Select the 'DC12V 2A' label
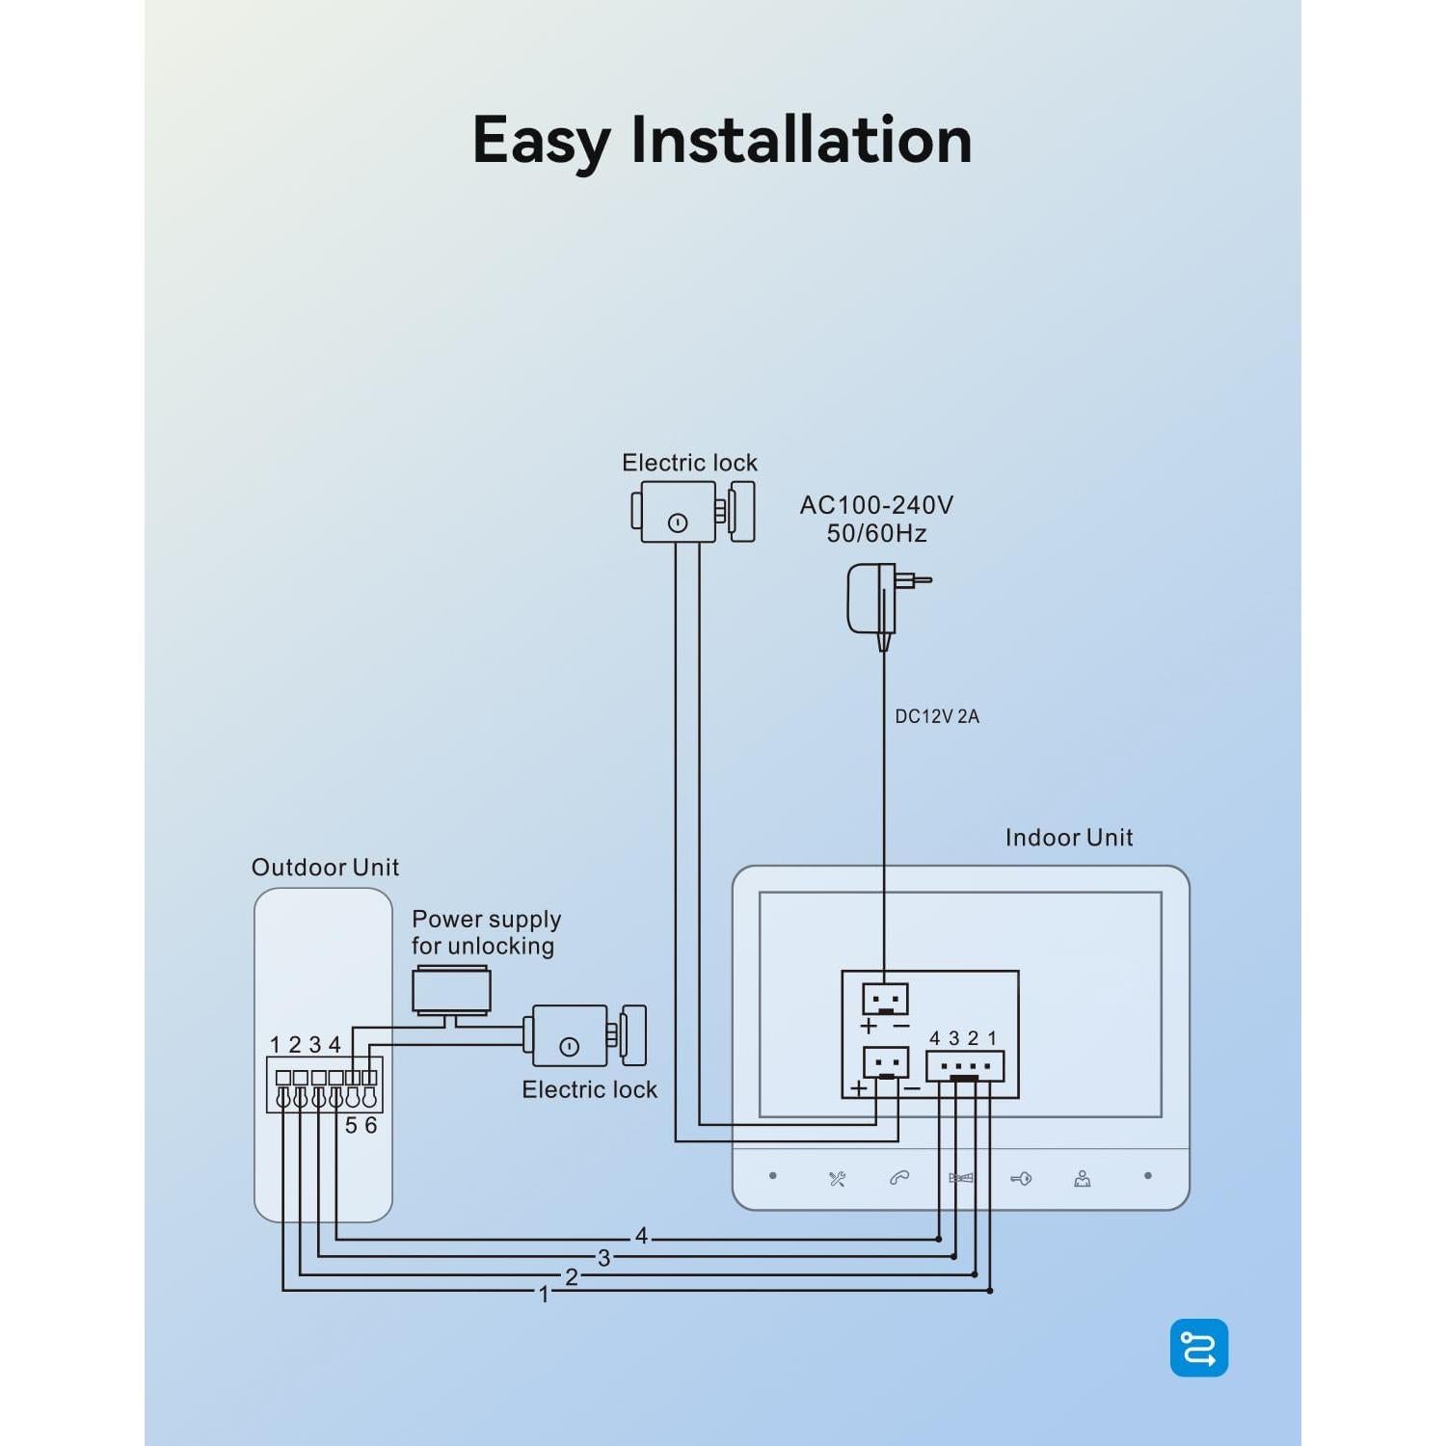point(937,716)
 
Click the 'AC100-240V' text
point(876,504)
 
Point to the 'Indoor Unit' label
point(1069,837)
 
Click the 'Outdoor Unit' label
point(325,868)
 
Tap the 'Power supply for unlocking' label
point(486,932)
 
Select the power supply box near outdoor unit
point(451,993)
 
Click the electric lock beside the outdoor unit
point(587,1035)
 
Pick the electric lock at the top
point(693,511)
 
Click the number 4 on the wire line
point(642,1236)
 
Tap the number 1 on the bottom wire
point(544,1295)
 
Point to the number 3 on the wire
point(604,1258)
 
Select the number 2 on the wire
point(572,1277)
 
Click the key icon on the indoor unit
point(1021,1178)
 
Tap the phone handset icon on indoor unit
point(899,1178)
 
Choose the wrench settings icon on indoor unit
point(837,1178)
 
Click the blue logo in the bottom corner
point(1199,1348)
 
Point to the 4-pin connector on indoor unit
point(964,1066)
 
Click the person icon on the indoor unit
point(1083,1178)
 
